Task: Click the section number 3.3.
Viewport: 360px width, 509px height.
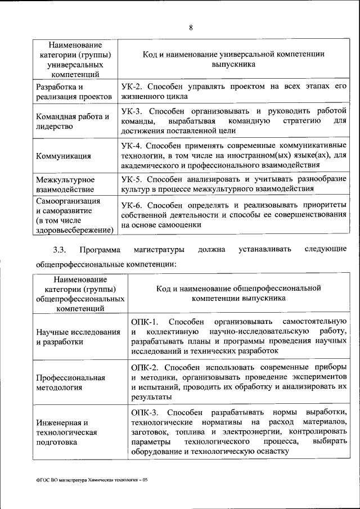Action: pyautogui.click(x=60, y=249)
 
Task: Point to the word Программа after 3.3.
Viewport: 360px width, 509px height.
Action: pyautogui.click(x=99, y=249)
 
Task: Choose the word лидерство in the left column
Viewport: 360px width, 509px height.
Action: pyautogui.click(x=55, y=127)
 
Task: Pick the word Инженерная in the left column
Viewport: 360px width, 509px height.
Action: pyautogui.click(x=57, y=422)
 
